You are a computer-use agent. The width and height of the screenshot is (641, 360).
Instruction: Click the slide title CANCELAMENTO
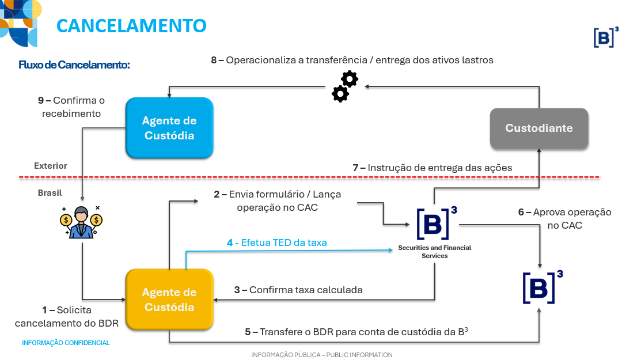[131, 26]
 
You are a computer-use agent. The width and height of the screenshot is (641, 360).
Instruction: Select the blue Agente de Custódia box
[169, 128]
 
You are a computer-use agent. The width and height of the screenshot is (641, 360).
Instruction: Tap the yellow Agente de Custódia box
[169, 300]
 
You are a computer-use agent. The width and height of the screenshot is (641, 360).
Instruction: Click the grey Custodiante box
[539, 128]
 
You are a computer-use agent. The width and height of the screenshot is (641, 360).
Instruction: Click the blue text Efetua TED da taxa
[276, 243]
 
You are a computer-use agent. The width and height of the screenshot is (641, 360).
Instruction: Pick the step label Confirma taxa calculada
[298, 290]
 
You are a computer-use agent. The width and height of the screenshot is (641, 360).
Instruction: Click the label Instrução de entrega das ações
[432, 168]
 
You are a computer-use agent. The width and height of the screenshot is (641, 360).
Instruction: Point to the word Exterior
[51, 166]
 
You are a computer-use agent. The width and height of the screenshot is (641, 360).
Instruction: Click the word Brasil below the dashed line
[50, 193]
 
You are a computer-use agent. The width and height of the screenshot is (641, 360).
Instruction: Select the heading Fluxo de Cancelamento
[74, 65]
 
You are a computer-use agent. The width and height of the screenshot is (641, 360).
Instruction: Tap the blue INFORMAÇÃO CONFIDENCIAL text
[66, 343]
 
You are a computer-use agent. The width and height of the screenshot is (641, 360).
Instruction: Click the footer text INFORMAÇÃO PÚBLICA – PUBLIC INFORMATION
[321, 355]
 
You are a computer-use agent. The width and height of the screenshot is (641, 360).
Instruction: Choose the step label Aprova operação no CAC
[564, 219]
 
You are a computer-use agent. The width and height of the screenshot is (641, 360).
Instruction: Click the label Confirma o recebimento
[71, 107]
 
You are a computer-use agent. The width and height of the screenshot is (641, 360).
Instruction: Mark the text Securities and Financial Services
[434, 252]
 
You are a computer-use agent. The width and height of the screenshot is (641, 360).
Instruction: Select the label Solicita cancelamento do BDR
[67, 317]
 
